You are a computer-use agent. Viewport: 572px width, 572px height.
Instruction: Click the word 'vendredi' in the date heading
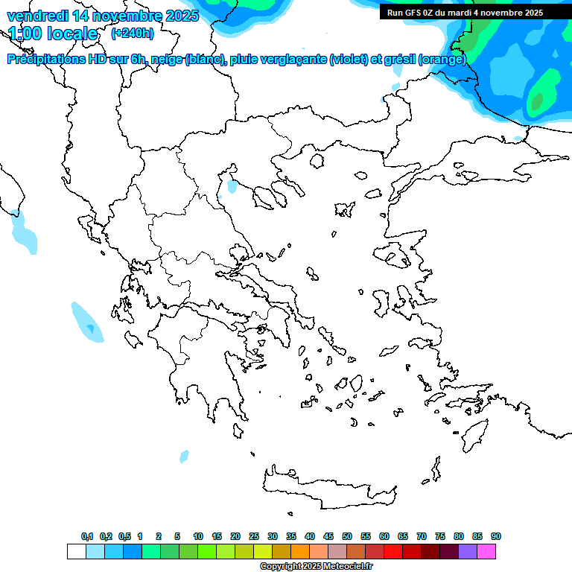(x=34, y=15)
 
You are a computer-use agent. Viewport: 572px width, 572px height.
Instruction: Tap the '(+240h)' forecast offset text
(x=133, y=34)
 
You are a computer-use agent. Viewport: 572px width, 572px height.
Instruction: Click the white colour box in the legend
(x=77, y=552)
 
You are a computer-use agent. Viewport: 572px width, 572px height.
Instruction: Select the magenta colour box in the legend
(x=486, y=552)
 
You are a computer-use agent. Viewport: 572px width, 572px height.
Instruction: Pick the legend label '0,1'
(x=87, y=536)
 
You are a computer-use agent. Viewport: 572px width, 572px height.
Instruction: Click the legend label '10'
(x=198, y=536)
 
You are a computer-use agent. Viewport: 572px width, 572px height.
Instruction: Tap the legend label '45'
(x=328, y=536)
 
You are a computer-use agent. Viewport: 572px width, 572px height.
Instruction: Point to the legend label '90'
(x=496, y=536)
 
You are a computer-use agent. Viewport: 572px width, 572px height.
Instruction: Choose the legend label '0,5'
(x=124, y=536)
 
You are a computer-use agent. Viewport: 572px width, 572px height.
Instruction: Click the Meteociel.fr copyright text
(x=316, y=567)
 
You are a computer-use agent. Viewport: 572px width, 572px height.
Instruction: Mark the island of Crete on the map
(x=328, y=488)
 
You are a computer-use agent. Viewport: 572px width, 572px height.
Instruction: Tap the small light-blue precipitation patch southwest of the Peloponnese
(x=184, y=455)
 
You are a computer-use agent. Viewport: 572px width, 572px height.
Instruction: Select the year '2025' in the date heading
(x=181, y=15)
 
